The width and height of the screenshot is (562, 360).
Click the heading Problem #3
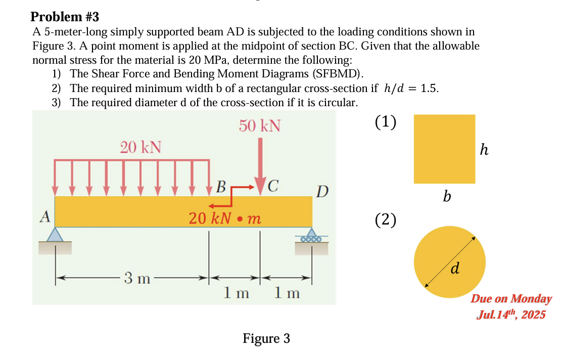coord(65,17)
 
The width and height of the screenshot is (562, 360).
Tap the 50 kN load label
coord(260,125)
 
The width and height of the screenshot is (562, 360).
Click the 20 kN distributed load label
coord(140,147)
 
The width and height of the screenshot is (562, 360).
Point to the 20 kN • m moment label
coord(225,218)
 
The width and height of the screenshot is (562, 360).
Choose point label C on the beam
coord(273,186)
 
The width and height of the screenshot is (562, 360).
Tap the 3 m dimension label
coord(137,278)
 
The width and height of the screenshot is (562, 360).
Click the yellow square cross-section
coord(444,149)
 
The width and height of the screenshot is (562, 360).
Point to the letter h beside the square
coord(484,150)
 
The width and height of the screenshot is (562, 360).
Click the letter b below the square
coord(446,196)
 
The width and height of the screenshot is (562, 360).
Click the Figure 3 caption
coord(266,338)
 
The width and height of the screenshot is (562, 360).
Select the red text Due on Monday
coord(511,298)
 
